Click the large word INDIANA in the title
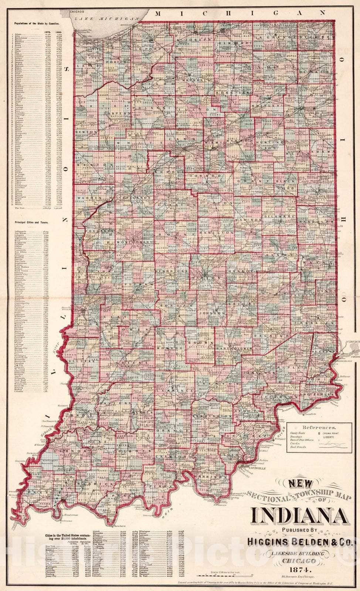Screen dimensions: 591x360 point(299,516)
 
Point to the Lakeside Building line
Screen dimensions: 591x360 point(300,553)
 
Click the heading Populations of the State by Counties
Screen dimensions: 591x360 point(37,23)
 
